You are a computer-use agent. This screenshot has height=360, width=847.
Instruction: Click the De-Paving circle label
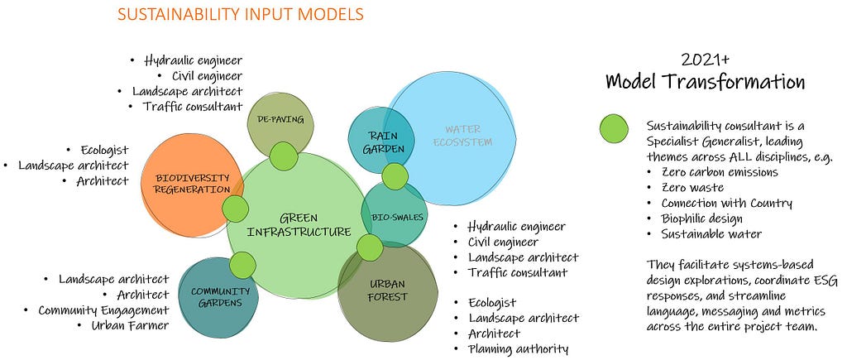click(x=280, y=120)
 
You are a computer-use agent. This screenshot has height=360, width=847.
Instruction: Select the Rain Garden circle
click(x=380, y=140)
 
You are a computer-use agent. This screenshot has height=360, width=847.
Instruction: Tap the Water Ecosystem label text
click(x=463, y=136)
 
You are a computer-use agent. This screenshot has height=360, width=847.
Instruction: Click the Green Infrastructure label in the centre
click(x=299, y=225)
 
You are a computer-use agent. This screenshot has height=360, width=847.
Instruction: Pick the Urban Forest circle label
click(x=387, y=290)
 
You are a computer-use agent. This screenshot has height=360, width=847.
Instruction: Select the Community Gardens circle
click(x=218, y=297)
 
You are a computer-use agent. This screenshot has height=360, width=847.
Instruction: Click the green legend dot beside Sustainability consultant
click(x=614, y=130)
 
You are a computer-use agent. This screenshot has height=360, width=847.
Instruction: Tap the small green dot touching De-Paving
click(x=284, y=156)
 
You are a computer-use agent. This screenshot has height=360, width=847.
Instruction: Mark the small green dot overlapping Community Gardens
click(x=242, y=266)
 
